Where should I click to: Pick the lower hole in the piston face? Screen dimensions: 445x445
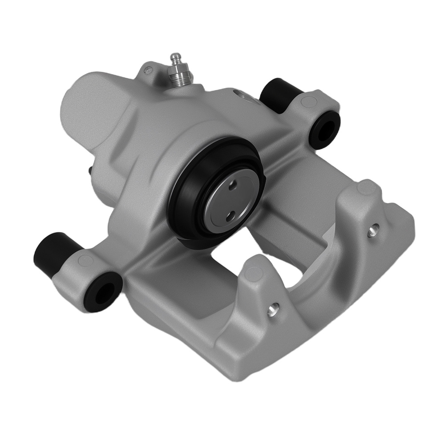pos(229,215)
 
